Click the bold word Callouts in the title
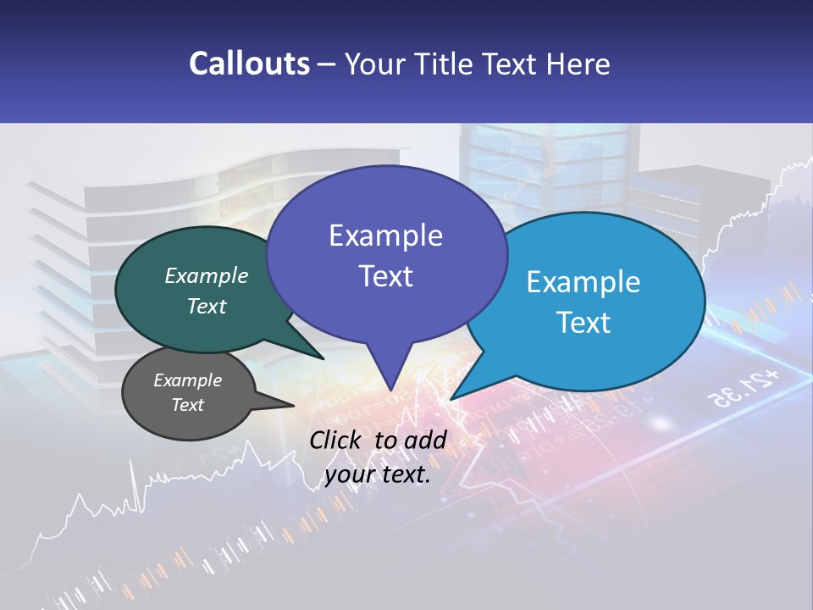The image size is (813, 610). coord(249,64)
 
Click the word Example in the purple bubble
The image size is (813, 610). coord(385,236)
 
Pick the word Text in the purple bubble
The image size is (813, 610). coord(385,276)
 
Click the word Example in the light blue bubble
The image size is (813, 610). coord(583,282)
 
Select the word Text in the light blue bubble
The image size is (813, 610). coord(583,323)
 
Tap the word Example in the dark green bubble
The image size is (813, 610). coord(207,276)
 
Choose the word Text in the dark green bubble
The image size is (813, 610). coord(207,307)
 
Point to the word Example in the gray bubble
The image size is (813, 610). coord(188,380)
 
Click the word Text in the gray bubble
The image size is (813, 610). coord(188,405)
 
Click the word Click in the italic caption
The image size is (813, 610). coord(337,440)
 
